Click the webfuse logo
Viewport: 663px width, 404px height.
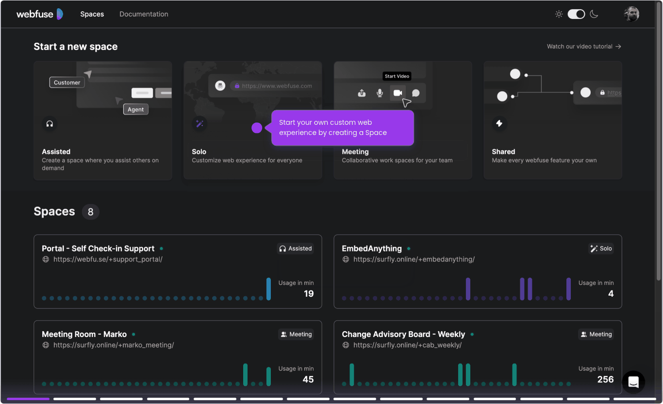click(x=40, y=14)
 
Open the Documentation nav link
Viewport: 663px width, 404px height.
click(x=144, y=14)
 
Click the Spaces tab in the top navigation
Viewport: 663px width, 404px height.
click(x=92, y=14)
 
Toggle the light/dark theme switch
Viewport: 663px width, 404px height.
click(x=576, y=14)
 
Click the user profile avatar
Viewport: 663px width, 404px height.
click(x=631, y=14)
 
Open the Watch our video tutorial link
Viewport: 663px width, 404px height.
click(x=584, y=47)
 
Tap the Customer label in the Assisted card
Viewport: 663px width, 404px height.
click(x=67, y=83)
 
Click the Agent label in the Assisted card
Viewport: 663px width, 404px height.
click(x=135, y=109)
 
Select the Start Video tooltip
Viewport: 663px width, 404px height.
click(x=397, y=76)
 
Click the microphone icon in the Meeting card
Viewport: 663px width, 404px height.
click(x=380, y=93)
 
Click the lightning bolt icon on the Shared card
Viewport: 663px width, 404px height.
click(x=499, y=123)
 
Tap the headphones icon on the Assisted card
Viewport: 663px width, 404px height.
click(x=50, y=123)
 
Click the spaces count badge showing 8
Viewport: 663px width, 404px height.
click(x=90, y=212)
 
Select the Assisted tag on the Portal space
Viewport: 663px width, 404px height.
click(x=296, y=249)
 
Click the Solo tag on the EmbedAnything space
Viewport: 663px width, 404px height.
click(x=601, y=249)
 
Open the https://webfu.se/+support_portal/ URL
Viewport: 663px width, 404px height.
click(x=108, y=259)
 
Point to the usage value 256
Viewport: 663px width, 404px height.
click(x=605, y=379)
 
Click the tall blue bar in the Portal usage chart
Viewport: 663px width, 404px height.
click(x=268, y=289)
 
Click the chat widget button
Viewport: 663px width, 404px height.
click(x=633, y=382)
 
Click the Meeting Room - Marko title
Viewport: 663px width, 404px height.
click(x=84, y=334)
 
